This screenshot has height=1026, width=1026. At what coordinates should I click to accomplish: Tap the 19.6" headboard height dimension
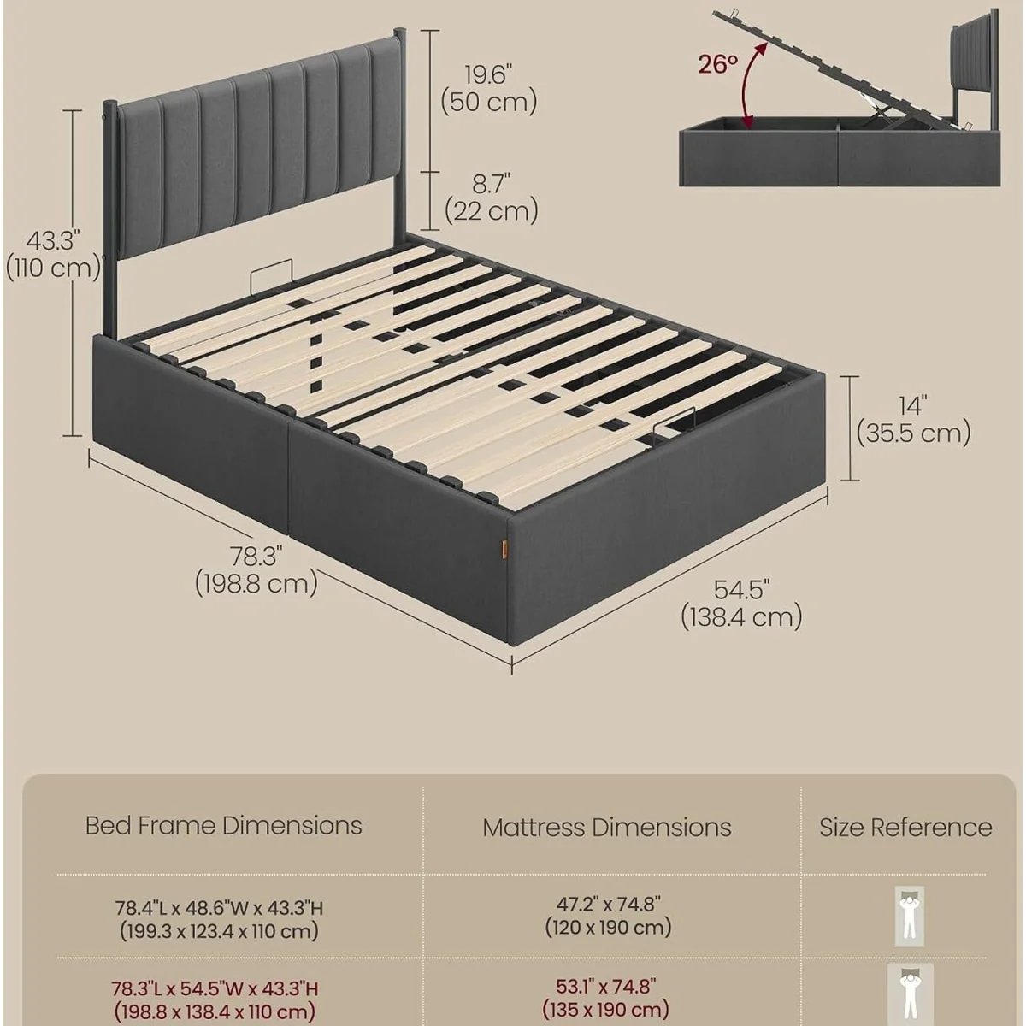pyautogui.click(x=489, y=88)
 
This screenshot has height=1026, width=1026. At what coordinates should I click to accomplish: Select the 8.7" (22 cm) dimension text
pyautogui.click(x=492, y=198)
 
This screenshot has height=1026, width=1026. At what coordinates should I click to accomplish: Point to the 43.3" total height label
pyautogui.click(x=53, y=255)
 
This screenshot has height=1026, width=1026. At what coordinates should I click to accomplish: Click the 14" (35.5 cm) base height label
pyautogui.click(x=913, y=420)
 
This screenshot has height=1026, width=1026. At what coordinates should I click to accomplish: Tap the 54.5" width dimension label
pyautogui.click(x=741, y=604)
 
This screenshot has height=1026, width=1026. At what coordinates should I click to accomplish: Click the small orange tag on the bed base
pyautogui.click(x=504, y=548)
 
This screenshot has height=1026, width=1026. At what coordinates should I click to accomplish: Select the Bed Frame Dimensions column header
pyautogui.click(x=224, y=826)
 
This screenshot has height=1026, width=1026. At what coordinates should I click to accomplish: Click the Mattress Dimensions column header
pyautogui.click(x=607, y=828)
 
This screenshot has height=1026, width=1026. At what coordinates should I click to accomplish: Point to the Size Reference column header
pyautogui.click(x=905, y=828)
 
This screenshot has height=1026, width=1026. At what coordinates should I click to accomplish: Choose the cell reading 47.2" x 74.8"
pyautogui.click(x=608, y=915)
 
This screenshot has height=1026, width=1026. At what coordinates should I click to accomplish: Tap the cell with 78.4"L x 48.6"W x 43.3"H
pyautogui.click(x=220, y=919)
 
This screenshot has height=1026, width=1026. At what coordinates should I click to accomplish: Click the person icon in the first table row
pyautogui.click(x=910, y=917)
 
